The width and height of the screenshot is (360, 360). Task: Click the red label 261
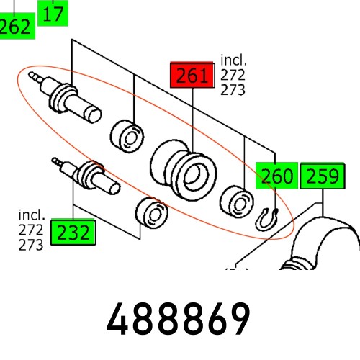[x=190, y=76]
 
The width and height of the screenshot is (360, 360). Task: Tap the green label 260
[x=277, y=176]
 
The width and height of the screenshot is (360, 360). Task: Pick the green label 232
[x=73, y=233]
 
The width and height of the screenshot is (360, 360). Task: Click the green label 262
[x=16, y=27]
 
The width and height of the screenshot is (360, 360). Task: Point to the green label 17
[x=53, y=12]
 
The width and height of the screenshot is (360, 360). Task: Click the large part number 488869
[x=179, y=318]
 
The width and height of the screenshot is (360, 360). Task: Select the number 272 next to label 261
[x=233, y=76]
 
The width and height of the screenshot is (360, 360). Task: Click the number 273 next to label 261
[x=233, y=90]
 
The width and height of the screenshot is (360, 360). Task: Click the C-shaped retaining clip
[x=269, y=217]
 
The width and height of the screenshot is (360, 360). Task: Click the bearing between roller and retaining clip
[x=235, y=199]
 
